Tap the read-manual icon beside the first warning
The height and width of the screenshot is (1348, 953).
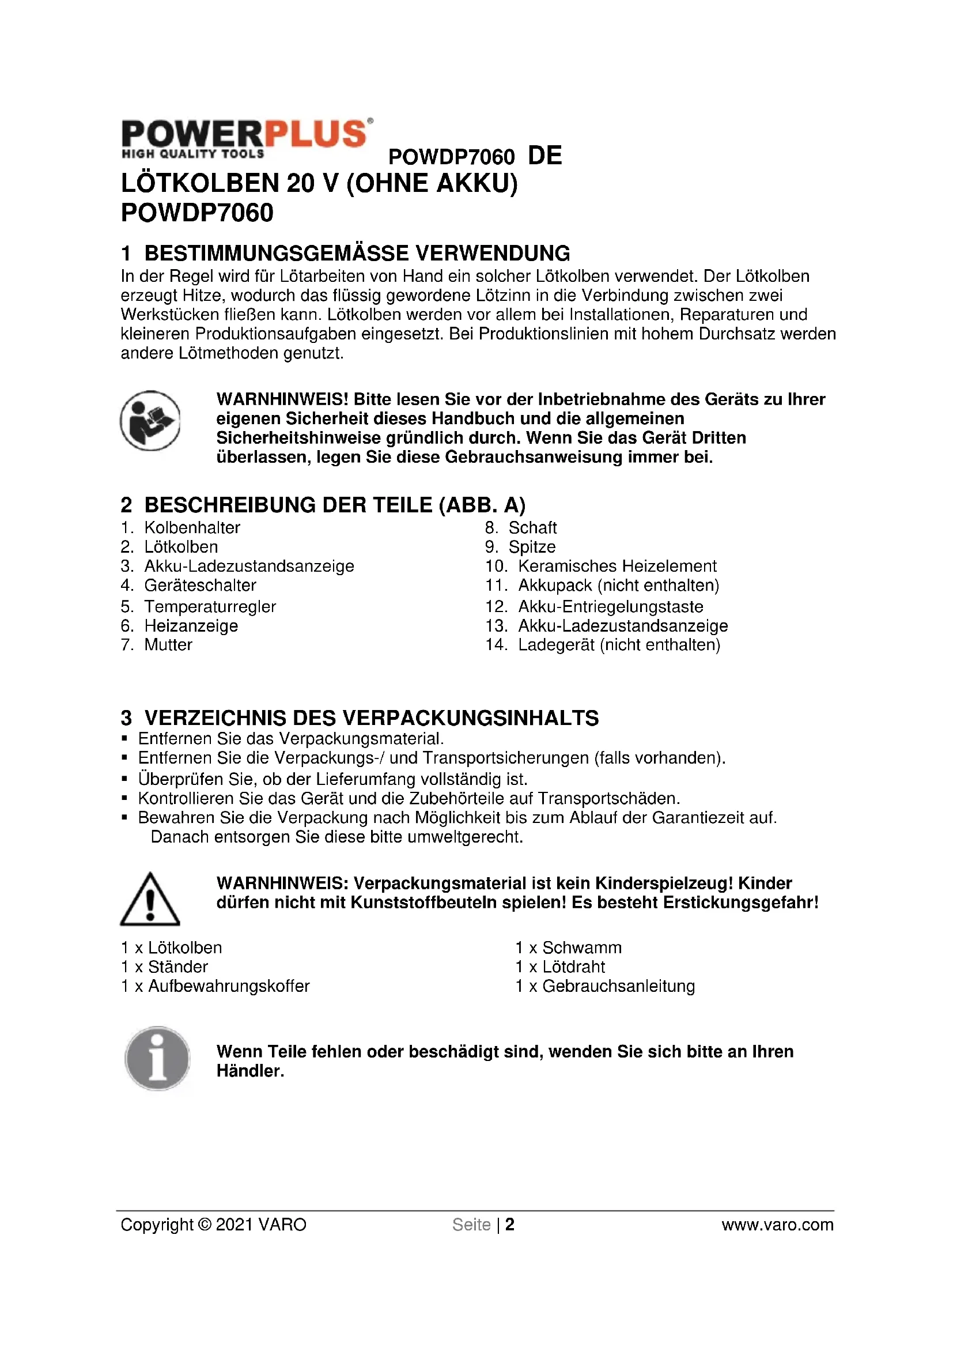click(150, 420)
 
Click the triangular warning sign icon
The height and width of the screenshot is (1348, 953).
click(150, 900)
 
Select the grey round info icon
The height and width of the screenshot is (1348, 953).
click(157, 1059)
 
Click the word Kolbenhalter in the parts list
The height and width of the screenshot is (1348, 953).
click(192, 527)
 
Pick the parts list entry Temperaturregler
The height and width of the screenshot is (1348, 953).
click(210, 606)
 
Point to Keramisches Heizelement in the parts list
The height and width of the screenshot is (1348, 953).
click(617, 566)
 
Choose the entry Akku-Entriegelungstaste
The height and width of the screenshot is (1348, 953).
click(610, 606)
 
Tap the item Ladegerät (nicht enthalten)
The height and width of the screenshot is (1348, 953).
click(618, 645)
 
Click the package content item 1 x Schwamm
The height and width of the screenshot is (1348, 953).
click(568, 947)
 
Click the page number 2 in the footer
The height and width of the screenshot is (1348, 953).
click(510, 1224)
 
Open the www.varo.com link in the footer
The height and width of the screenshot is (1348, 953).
click(777, 1224)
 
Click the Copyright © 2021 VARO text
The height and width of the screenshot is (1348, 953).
click(214, 1224)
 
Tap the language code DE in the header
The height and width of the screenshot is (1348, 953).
click(544, 156)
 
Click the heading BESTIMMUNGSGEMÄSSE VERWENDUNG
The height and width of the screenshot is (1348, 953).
click(357, 253)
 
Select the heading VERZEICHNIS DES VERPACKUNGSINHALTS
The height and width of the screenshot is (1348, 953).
click(371, 718)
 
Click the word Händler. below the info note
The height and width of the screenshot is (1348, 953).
click(250, 1071)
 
